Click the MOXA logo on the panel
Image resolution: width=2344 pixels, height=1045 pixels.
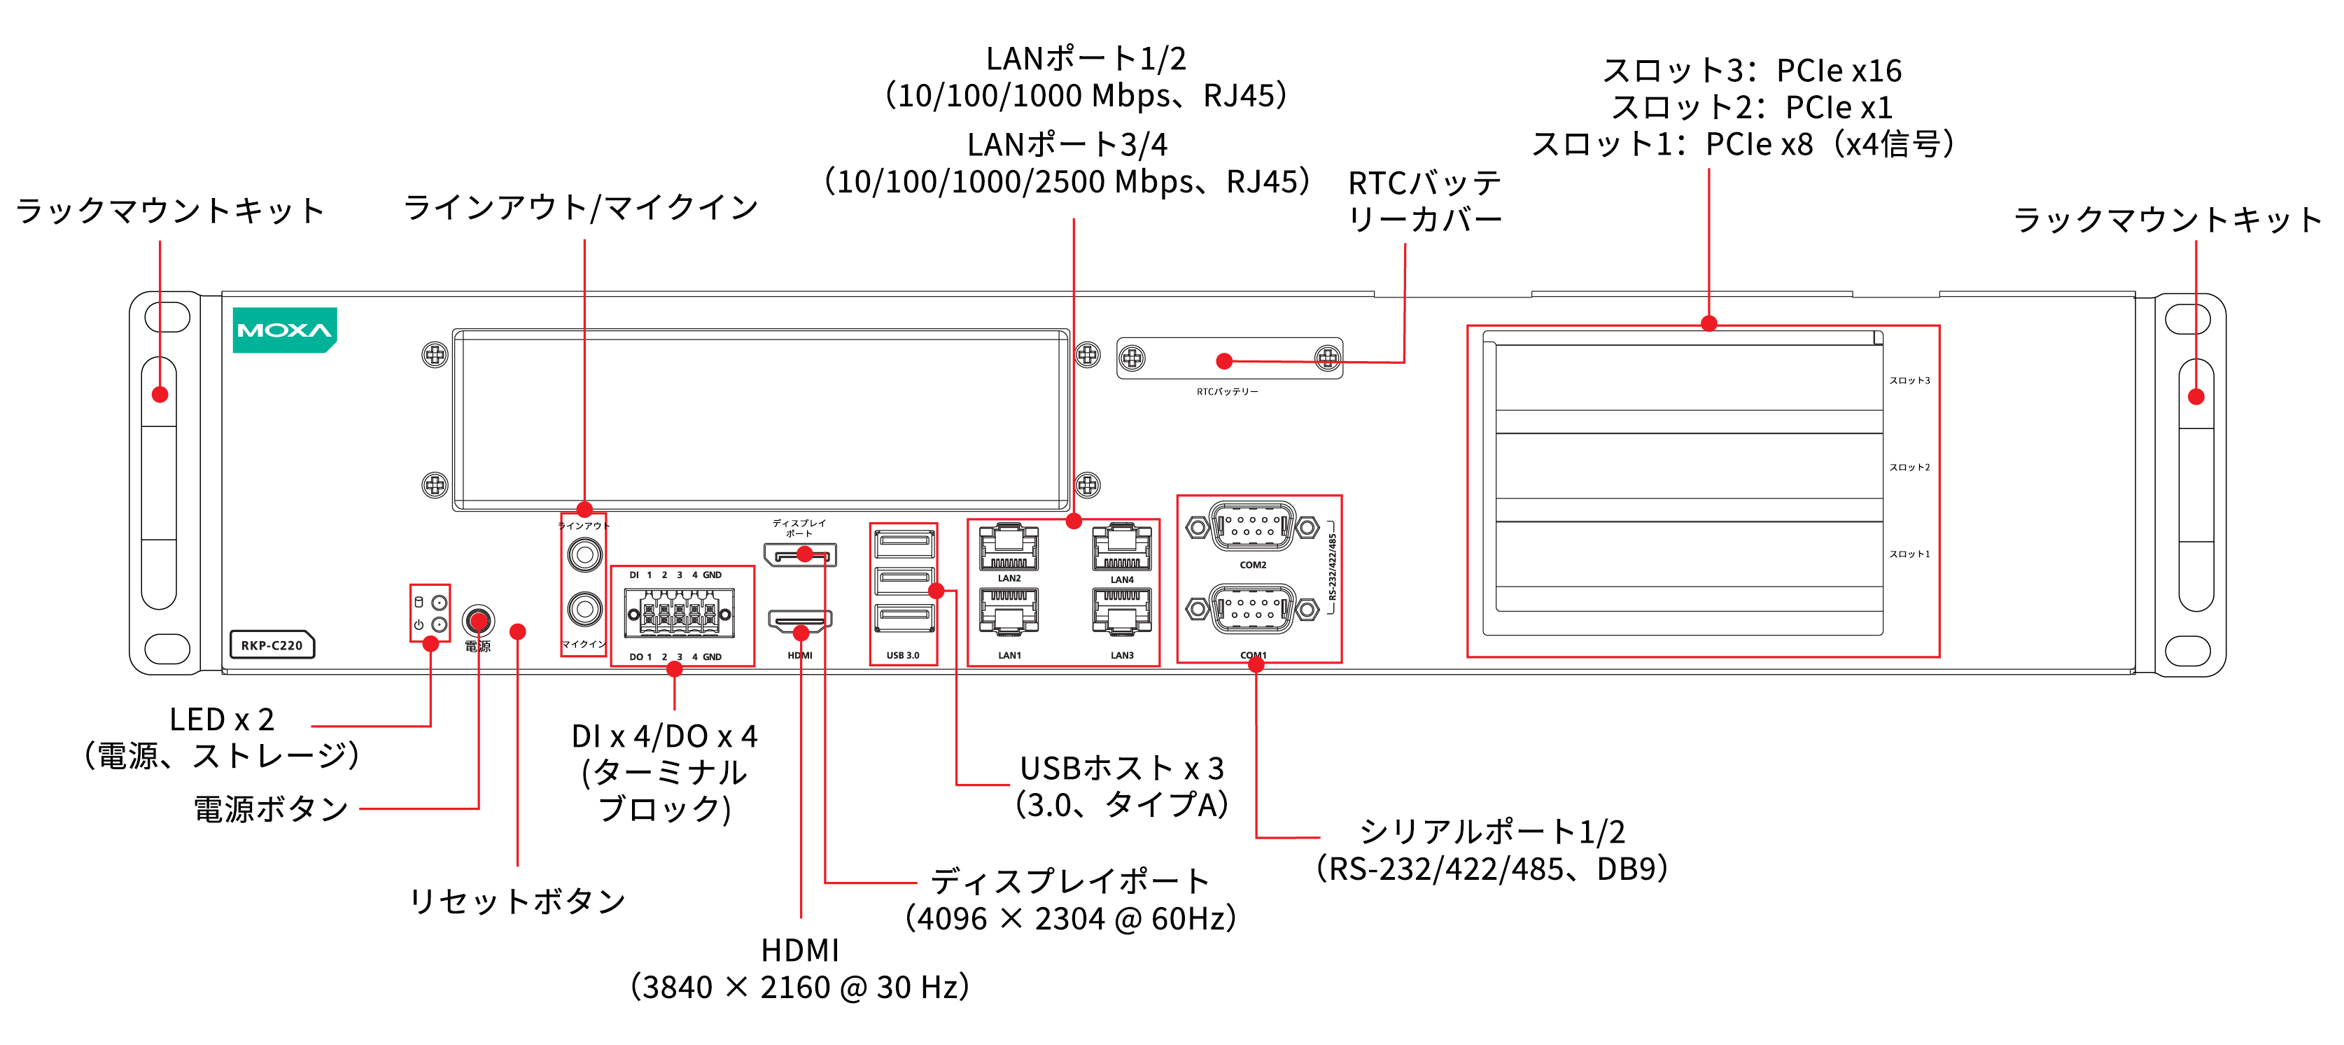tap(284, 330)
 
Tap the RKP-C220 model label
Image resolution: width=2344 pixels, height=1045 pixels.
tap(271, 645)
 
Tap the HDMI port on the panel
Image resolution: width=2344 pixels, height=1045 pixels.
tap(800, 622)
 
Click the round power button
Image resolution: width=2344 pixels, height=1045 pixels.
tap(478, 621)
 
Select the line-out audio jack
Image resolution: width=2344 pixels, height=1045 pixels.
tap(584, 554)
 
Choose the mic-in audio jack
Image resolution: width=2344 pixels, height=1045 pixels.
tap(584, 608)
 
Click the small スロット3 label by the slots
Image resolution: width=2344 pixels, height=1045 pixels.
tap(1909, 381)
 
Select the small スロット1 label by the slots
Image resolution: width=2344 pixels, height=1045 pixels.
tap(1909, 554)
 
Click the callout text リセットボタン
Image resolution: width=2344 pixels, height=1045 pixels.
tap(517, 902)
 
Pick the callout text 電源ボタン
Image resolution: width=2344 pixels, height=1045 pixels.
tap(271, 808)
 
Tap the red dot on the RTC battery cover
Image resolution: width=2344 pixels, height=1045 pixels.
tap(1224, 361)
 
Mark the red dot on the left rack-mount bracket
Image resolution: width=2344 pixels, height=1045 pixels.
tap(160, 394)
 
